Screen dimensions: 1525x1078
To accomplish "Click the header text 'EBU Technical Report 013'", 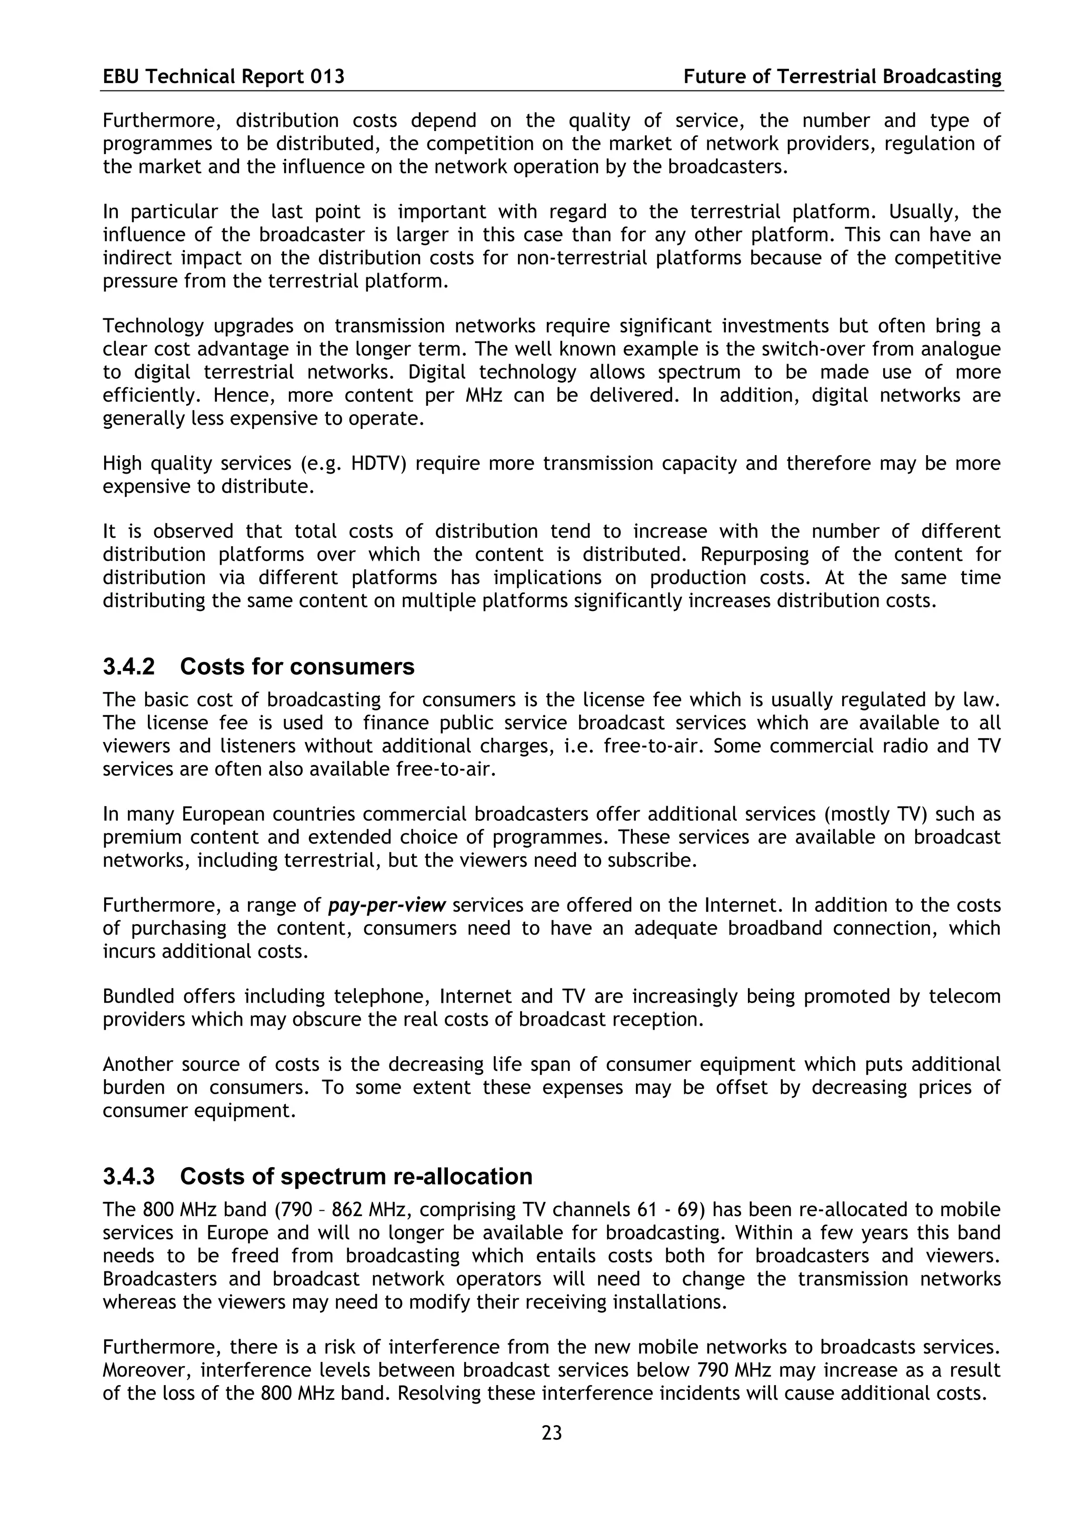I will [x=223, y=77].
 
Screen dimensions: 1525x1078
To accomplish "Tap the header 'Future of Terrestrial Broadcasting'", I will [x=842, y=77].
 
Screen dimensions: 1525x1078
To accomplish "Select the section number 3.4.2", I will [x=129, y=666].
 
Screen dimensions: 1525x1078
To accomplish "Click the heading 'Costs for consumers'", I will [x=297, y=666].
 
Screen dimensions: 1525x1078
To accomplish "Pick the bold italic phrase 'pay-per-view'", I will [x=387, y=905].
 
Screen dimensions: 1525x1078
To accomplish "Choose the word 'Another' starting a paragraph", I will [x=137, y=1064].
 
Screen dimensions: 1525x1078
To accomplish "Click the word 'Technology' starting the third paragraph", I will [x=153, y=326].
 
